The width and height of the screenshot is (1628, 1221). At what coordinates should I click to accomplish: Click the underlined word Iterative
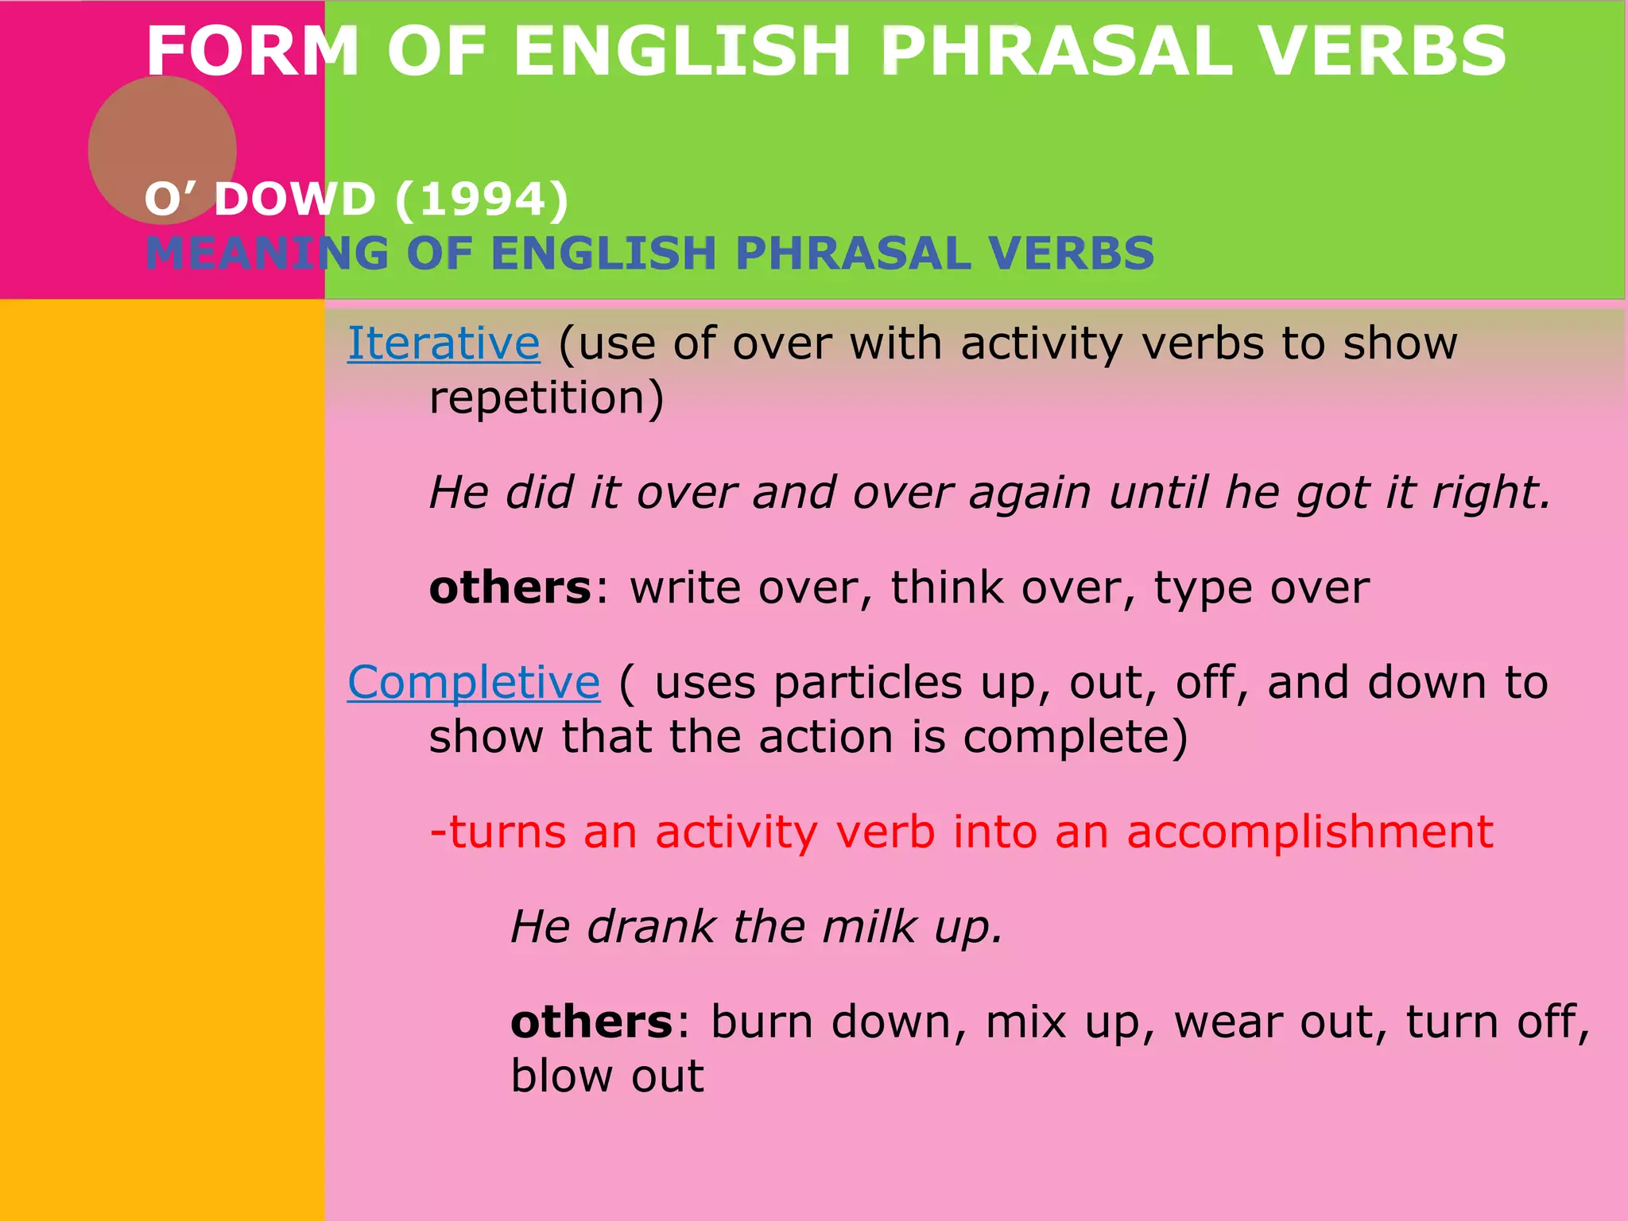[x=444, y=344]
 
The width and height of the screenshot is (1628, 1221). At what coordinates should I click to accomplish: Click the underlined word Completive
[x=474, y=683]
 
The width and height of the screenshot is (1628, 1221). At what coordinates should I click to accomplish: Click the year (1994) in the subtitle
[x=482, y=199]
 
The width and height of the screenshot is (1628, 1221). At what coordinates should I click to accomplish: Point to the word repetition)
[x=546, y=398]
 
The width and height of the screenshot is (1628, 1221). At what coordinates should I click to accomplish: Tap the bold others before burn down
[x=591, y=1022]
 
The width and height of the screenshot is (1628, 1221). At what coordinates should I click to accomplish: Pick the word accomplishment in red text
[x=1310, y=832]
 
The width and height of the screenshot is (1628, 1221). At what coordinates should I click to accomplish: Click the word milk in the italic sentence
[x=869, y=927]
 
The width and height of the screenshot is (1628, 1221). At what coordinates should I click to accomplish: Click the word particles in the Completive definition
[x=867, y=684]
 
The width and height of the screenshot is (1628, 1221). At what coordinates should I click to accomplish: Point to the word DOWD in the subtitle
[x=295, y=199]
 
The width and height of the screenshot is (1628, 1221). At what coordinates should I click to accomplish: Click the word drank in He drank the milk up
[x=651, y=927]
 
